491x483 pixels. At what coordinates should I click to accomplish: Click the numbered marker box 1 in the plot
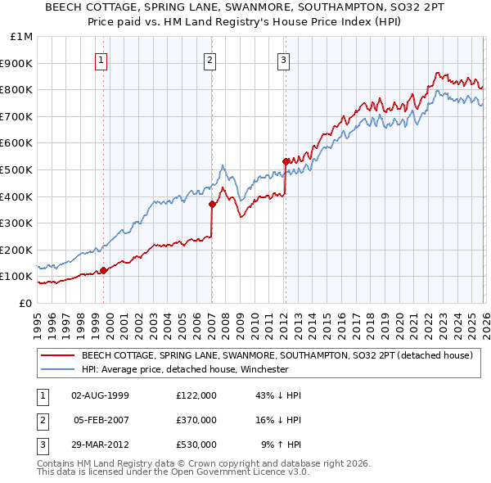(x=101, y=59)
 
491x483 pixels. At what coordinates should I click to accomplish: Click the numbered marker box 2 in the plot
(x=209, y=59)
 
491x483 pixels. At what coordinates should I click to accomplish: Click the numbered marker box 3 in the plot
(x=283, y=59)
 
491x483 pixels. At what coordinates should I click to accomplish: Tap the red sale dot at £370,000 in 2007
(x=212, y=205)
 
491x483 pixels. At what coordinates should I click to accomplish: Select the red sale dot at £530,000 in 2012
(x=286, y=161)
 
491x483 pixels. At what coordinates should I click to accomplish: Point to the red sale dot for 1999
(x=103, y=270)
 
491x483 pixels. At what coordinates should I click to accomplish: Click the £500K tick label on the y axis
(x=16, y=169)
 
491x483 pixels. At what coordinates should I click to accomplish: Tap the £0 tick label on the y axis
(x=26, y=303)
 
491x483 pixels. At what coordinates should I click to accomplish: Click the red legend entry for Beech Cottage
(x=277, y=356)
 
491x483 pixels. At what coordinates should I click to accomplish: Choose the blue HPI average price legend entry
(x=184, y=369)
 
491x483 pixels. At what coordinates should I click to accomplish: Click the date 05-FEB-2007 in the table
(x=101, y=420)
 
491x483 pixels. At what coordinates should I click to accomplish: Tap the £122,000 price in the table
(x=196, y=395)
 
